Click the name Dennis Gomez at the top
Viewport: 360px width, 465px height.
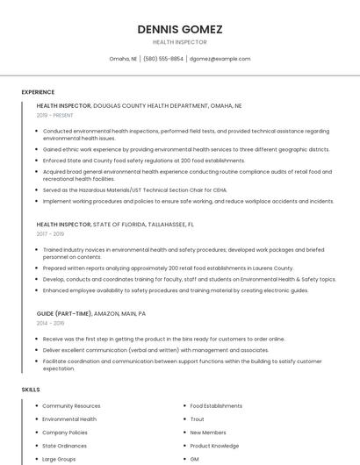click(180, 29)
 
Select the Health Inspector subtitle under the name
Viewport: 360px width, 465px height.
click(180, 42)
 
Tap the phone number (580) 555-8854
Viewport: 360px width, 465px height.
click(163, 59)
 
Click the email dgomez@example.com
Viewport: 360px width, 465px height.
click(220, 59)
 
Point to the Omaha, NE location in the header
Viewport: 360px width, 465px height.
click(123, 59)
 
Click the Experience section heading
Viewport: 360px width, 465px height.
click(38, 92)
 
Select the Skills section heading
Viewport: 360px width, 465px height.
click(31, 389)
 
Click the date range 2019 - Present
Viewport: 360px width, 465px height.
click(54, 115)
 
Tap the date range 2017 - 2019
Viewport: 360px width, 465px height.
click(50, 234)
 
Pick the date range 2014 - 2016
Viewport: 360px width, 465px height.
click(50, 323)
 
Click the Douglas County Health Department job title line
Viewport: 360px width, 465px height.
click(139, 105)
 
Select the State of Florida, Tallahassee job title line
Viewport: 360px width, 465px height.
click(115, 225)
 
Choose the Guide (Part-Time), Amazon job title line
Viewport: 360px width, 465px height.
click(91, 313)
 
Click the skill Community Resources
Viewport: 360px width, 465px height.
click(71, 406)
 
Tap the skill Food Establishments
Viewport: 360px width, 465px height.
click(216, 406)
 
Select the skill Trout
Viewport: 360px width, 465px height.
click(198, 419)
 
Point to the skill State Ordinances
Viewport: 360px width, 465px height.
click(64, 446)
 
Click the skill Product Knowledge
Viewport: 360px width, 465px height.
click(214, 446)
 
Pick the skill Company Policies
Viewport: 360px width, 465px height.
click(65, 433)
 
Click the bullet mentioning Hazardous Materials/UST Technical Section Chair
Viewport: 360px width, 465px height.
click(134, 190)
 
